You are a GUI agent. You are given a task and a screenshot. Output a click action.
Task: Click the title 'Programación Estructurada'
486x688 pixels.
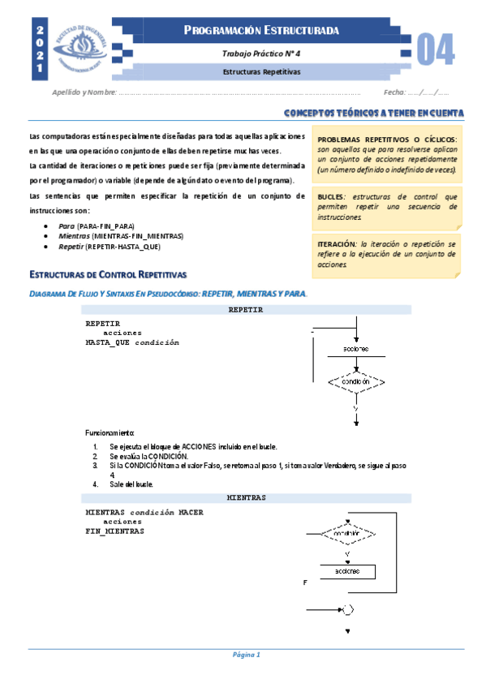[x=261, y=32]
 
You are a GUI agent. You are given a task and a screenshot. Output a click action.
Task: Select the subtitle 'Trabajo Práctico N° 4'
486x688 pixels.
[x=261, y=53]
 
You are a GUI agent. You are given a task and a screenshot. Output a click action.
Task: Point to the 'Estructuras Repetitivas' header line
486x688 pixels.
[x=261, y=71]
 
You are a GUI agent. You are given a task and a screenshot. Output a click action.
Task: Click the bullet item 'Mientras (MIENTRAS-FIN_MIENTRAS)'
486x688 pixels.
[x=121, y=235]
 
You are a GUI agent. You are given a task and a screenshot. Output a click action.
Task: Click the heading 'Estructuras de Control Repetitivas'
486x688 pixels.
[x=108, y=274]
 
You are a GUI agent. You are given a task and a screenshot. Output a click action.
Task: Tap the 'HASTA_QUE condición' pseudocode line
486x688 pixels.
[x=132, y=342]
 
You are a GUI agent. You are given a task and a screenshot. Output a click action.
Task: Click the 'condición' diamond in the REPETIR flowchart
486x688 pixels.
[x=355, y=381]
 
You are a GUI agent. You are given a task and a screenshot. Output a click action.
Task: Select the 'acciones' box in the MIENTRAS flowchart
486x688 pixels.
[x=347, y=571]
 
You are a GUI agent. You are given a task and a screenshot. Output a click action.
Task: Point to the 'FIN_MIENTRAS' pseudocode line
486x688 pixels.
[x=114, y=531]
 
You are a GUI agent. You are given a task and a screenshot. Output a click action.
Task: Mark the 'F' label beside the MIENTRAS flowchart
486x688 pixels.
[x=304, y=583]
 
